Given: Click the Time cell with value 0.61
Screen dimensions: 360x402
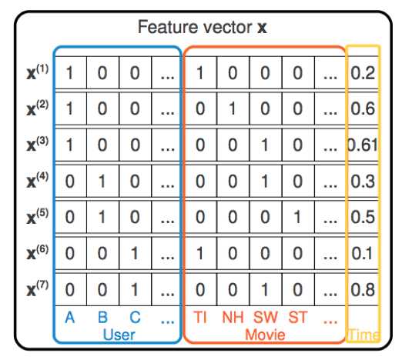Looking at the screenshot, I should point(363,145).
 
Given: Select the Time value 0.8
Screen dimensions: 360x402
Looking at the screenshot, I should point(363,290).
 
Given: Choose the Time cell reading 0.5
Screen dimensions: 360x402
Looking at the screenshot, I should point(363,218).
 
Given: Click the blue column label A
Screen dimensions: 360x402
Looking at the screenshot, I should point(70,318).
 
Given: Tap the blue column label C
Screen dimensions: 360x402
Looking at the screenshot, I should point(135,318).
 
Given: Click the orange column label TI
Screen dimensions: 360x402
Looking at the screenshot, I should point(200,318).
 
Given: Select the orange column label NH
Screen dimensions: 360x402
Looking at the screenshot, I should point(233,318).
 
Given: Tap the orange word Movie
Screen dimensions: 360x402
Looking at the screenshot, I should point(265,334).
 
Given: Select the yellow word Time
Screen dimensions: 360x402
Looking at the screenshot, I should point(363,334).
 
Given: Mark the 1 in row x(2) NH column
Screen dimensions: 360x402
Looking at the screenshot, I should point(233,109).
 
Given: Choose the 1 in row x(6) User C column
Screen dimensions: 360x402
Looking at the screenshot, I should point(135,254).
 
